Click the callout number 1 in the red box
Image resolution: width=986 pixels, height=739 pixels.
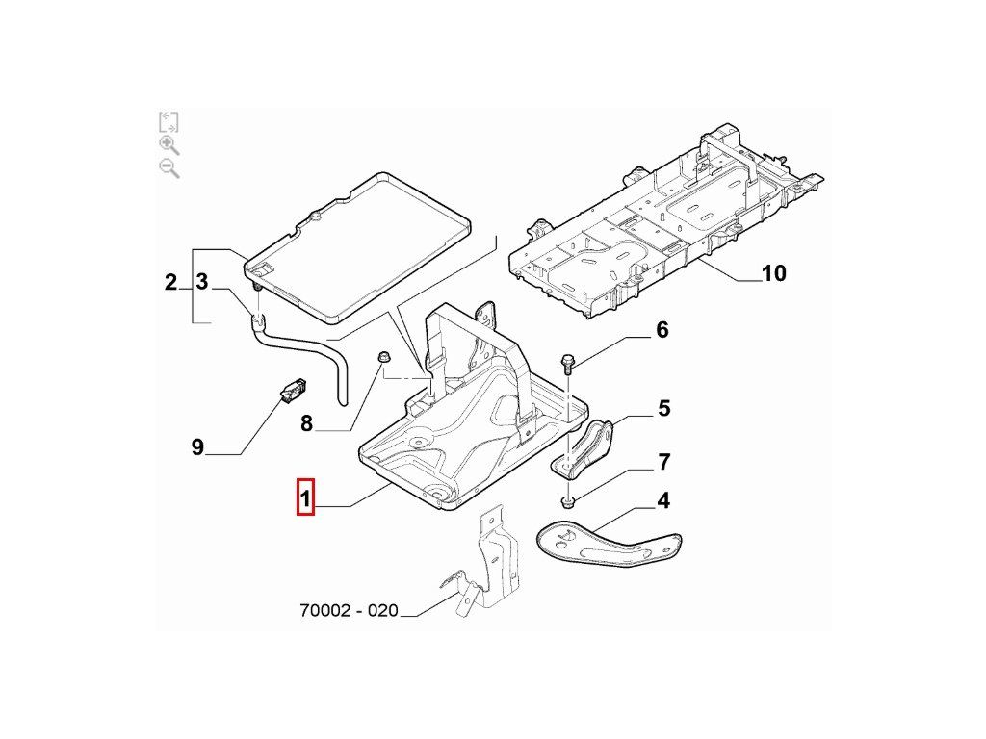305,497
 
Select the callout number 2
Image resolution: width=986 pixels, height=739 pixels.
170,283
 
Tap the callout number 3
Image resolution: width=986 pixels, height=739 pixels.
202,282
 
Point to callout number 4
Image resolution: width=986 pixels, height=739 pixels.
663,501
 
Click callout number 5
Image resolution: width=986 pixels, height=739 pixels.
663,409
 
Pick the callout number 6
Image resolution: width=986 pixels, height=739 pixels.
662,331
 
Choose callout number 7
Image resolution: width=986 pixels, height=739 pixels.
663,463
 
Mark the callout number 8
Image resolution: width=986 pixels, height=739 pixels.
306,423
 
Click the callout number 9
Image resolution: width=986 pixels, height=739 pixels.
197,447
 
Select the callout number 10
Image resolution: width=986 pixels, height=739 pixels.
773,274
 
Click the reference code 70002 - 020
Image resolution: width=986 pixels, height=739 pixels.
348,610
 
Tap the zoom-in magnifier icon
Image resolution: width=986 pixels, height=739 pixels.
169,144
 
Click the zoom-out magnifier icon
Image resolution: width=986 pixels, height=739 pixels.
169,168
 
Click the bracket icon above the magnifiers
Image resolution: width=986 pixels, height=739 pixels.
169,121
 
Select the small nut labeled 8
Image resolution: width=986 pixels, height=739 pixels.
382,360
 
